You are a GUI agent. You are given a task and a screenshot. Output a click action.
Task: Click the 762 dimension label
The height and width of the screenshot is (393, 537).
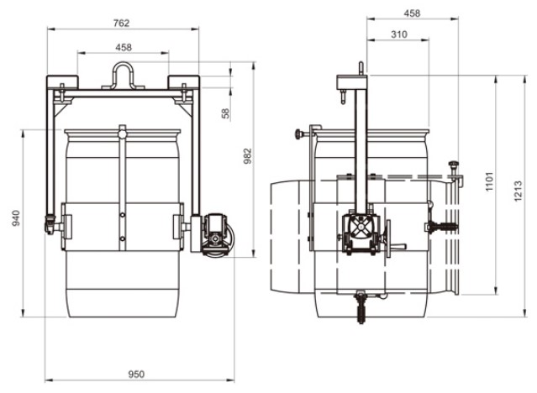click(122, 23)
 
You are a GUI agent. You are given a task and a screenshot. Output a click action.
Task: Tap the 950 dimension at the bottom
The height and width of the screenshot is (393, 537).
click(136, 375)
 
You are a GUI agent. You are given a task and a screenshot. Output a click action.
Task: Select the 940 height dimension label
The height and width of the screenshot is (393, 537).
click(16, 218)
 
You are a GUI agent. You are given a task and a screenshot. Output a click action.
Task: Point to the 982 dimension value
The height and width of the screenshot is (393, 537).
click(248, 156)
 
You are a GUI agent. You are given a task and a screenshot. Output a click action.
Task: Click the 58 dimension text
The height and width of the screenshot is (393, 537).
click(226, 113)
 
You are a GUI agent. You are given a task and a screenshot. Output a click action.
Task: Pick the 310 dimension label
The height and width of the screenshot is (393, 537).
click(399, 34)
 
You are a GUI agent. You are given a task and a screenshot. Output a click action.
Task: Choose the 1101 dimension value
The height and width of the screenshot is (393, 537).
click(489, 181)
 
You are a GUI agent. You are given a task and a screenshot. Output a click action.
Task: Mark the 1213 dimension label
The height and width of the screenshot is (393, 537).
click(518, 191)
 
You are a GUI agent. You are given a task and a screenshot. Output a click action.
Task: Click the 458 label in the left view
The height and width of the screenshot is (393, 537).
click(124, 47)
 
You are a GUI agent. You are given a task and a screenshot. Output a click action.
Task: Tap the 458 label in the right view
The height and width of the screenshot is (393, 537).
click(412, 13)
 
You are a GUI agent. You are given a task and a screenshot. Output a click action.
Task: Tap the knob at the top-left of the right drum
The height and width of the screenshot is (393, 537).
click(299, 134)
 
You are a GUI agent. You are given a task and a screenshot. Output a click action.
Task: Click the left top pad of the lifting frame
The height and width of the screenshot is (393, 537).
click(62, 82)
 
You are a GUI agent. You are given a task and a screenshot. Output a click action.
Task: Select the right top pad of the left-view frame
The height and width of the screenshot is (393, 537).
click(183, 82)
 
